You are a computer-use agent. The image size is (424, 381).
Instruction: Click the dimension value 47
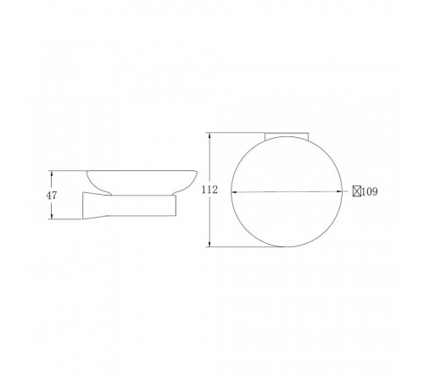coord(52,196)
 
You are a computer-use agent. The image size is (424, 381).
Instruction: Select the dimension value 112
coord(209,190)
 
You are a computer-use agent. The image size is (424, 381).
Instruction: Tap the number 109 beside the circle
coord(370,191)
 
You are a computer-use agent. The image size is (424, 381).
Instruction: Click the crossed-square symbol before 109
coord(357,191)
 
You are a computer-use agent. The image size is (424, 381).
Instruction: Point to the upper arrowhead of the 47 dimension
coord(52,174)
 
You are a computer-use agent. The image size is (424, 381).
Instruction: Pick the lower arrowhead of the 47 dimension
coord(52,216)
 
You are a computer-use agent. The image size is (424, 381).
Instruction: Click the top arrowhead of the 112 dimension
coord(209,135)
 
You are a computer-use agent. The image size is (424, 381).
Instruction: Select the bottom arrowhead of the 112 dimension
coord(209,244)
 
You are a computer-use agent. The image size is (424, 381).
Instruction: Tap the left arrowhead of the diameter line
coord(234,192)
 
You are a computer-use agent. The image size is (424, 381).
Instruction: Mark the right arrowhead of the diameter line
coord(339,191)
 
